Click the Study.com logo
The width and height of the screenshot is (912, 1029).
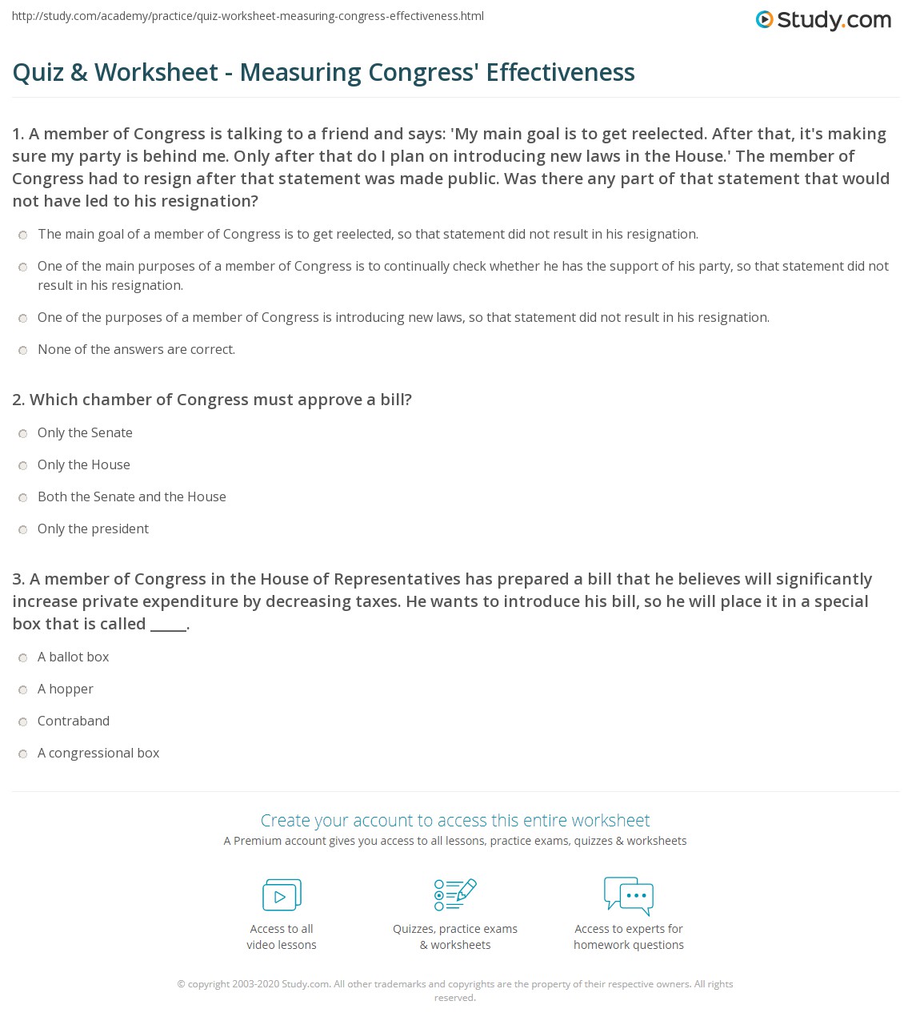[x=823, y=20]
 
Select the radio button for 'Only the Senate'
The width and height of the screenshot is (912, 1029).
[x=23, y=433]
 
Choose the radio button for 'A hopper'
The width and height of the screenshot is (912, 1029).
[x=23, y=689]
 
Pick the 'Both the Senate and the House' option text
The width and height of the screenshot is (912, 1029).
[x=132, y=496]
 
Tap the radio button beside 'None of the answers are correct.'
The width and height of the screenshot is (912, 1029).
[x=23, y=350]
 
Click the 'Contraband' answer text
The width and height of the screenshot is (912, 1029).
[x=74, y=721]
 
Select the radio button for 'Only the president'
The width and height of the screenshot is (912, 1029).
[x=23, y=529]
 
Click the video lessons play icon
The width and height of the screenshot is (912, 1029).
[x=282, y=895]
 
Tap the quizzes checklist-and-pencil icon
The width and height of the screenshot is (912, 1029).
[x=455, y=895]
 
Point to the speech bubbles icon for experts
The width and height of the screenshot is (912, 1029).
[x=629, y=895]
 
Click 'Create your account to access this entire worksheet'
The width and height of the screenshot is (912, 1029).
[x=455, y=820]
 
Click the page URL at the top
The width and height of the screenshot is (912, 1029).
[x=248, y=16]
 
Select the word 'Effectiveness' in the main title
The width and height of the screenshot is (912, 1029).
[x=560, y=72]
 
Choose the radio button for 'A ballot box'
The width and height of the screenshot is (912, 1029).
[x=23, y=657]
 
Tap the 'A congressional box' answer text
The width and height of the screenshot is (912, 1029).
[x=98, y=753]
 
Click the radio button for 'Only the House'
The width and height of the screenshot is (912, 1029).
[x=23, y=465]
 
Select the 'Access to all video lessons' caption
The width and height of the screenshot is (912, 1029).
[x=282, y=937]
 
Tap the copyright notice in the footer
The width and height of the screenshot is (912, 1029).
[x=455, y=991]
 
